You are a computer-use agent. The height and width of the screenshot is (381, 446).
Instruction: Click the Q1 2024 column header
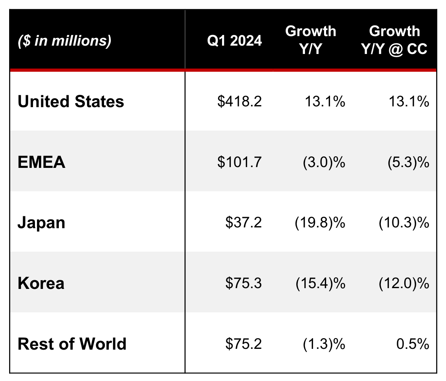[234, 41]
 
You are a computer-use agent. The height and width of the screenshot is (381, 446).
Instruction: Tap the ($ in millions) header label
[64, 41]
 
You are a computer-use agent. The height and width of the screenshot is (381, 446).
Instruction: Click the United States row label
[71, 102]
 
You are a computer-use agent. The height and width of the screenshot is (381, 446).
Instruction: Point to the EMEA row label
[41, 162]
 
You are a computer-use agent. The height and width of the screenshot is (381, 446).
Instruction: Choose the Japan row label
[41, 223]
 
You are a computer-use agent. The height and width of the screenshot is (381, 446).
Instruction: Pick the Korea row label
[41, 283]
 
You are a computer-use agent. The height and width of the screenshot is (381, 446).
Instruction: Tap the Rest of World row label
[72, 344]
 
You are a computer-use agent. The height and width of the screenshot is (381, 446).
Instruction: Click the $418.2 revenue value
[239, 102]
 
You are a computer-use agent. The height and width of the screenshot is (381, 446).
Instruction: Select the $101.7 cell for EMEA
[239, 162]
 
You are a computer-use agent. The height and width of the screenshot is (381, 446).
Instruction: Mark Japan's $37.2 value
[243, 223]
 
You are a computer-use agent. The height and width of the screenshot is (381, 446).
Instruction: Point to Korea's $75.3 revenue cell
[243, 283]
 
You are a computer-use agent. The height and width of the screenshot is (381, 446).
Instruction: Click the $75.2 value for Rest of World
[243, 344]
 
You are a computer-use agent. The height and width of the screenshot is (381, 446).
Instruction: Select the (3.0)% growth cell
[324, 162]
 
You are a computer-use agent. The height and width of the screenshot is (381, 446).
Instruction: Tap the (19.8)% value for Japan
[320, 223]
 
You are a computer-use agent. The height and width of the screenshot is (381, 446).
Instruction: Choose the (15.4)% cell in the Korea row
[320, 283]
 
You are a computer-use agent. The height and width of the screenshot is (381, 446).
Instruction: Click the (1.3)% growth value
[324, 344]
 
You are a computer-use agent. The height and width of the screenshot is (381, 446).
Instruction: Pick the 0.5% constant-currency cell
[413, 344]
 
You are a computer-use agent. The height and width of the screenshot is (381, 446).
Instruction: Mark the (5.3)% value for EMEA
[408, 162]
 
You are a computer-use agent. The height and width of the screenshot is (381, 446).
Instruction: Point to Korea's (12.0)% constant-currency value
[404, 283]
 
